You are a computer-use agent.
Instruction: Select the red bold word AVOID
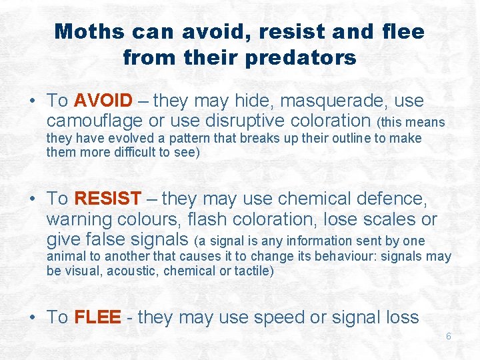103,101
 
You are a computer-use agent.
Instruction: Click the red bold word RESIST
108,199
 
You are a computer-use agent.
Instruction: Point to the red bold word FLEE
97,317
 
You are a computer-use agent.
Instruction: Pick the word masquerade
336,101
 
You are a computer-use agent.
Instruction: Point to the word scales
382,219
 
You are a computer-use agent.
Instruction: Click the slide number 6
449,336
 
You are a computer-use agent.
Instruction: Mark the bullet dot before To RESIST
33,199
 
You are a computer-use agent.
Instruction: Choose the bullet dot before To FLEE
33,318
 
